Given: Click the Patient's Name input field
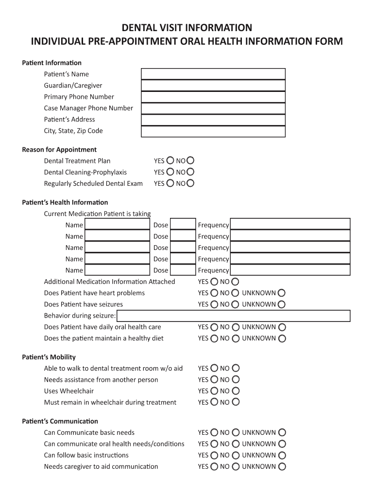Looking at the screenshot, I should (x=213, y=74).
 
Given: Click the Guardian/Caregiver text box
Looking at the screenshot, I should (x=213, y=85).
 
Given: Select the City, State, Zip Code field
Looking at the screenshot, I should (x=213, y=131).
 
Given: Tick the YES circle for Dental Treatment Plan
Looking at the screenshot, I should (x=170, y=160).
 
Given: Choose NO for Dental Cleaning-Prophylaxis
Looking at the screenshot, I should (x=190, y=172).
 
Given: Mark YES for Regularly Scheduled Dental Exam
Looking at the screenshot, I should (x=170, y=183).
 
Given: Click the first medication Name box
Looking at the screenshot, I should (x=117, y=225).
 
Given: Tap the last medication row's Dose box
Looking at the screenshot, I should (x=183, y=270).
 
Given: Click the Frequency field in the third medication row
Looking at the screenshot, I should (x=289, y=248).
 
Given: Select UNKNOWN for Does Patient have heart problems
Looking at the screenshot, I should (x=282, y=293).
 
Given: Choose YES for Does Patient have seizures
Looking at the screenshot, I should (x=214, y=304).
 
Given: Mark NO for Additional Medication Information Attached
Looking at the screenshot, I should (x=236, y=282).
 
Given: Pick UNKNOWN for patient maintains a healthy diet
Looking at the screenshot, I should (x=282, y=338).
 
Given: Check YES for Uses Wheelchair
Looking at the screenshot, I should (x=214, y=391).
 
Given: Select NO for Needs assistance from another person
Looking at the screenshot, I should (x=236, y=380).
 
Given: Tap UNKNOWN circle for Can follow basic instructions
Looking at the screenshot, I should (x=282, y=455).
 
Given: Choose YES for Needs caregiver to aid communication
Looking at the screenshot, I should (x=214, y=466).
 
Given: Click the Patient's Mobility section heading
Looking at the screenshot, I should (x=49, y=357).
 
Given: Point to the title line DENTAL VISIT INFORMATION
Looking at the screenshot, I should (x=187, y=27).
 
